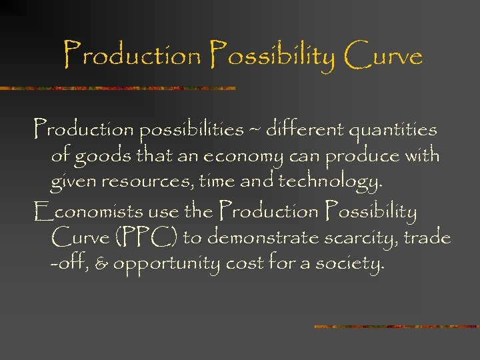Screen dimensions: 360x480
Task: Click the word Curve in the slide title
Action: click(x=383, y=55)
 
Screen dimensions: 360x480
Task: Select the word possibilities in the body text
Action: click(x=191, y=129)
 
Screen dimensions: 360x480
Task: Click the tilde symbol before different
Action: click(x=255, y=129)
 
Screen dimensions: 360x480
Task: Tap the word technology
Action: click(x=331, y=182)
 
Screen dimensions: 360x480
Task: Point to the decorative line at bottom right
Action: click(x=396, y=327)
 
